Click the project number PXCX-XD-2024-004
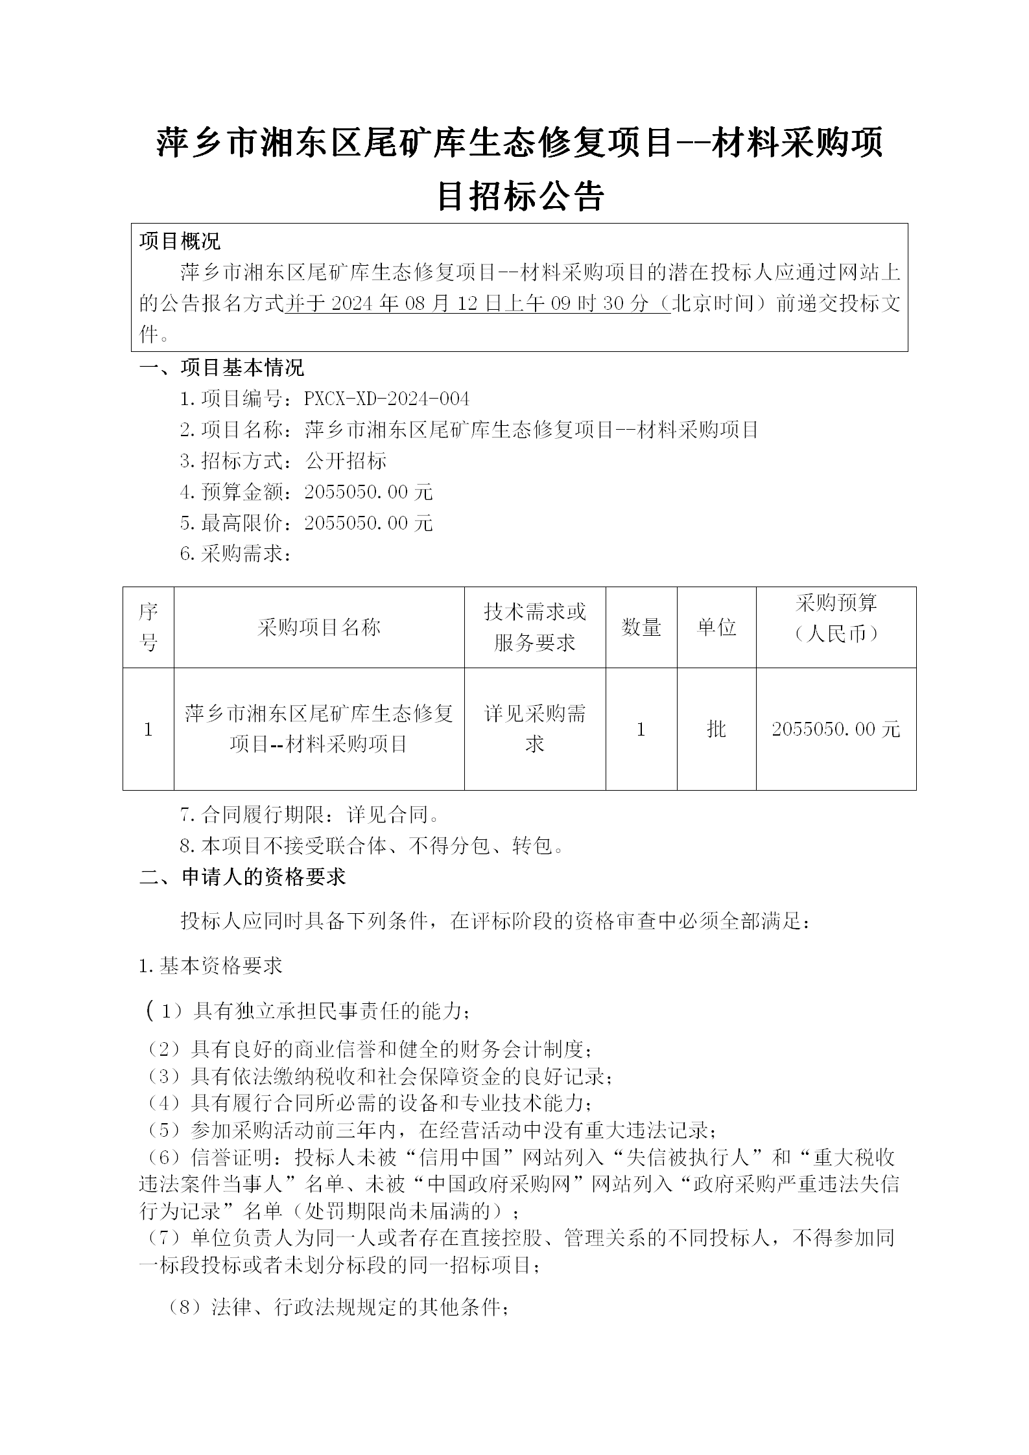click(x=386, y=399)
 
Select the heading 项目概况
click(x=180, y=241)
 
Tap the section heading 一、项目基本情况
click(x=222, y=367)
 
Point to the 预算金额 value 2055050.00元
click(x=368, y=492)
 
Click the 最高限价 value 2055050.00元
click(x=368, y=523)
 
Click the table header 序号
click(x=148, y=627)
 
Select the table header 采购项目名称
click(x=318, y=627)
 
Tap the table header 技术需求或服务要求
click(x=535, y=627)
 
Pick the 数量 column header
click(x=641, y=627)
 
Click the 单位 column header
click(x=716, y=627)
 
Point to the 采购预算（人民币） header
click(x=836, y=618)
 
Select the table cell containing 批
click(x=716, y=729)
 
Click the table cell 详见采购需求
click(x=535, y=729)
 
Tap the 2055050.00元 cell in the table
click(x=836, y=729)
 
